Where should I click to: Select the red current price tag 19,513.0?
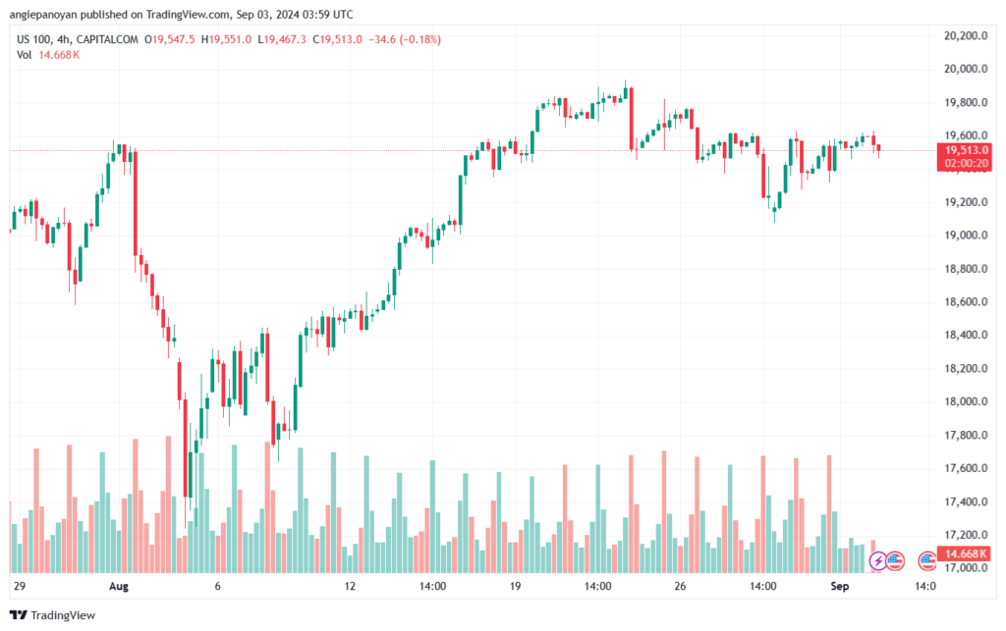(x=966, y=149)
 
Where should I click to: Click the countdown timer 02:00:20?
(x=966, y=163)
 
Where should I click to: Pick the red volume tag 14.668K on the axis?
(x=966, y=554)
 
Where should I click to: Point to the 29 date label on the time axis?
(x=19, y=587)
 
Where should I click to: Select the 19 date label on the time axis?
(x=515, y=587)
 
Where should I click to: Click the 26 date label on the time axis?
(x=680, y=587)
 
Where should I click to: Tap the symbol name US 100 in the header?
(x=33, y=39)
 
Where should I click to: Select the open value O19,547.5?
(x=169, y=39)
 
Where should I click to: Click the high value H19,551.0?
(x=226, y=39)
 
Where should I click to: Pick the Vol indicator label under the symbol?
(x=24, y=55)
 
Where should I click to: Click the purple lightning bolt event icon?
(x=876, y=561)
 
